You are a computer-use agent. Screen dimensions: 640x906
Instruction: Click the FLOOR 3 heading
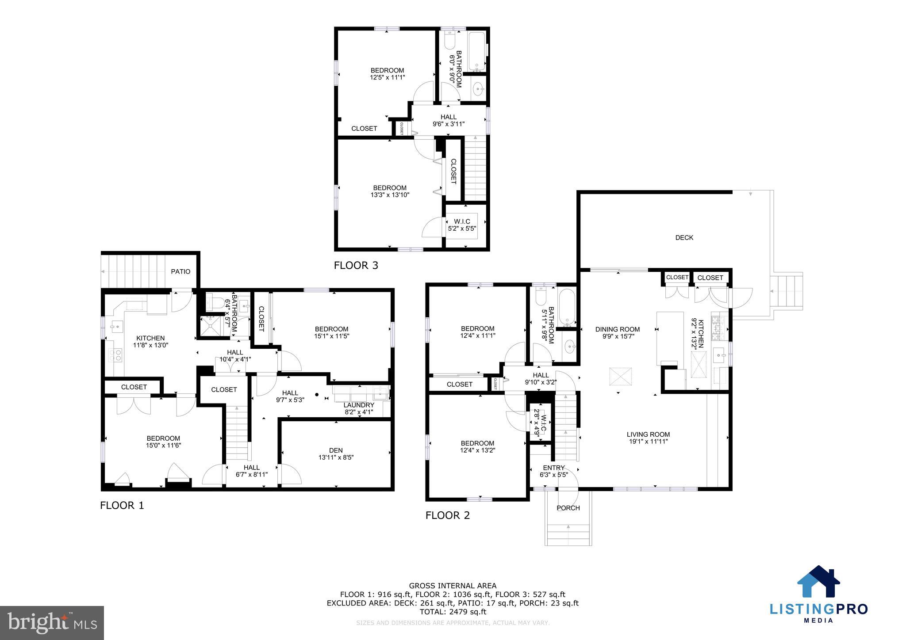(356, 265)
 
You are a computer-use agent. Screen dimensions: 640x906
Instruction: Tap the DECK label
(684, 238)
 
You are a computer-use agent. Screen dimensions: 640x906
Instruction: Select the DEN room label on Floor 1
(336, 450)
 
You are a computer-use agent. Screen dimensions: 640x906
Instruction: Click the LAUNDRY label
(359, 405)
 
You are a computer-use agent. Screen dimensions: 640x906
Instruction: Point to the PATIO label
(180, 271)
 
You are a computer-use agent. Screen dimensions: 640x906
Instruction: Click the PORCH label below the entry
(568, 508)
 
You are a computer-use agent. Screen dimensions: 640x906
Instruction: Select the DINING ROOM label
(617, 329)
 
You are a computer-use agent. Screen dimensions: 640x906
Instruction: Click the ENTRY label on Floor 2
(553, 468)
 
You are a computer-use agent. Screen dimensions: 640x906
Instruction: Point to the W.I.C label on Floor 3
(462, 221)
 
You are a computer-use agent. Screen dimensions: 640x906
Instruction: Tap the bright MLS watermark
(52, 623)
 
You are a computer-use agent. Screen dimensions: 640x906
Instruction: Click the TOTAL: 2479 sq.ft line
(452, 612)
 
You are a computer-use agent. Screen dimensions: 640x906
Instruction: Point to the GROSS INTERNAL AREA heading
(452, 586)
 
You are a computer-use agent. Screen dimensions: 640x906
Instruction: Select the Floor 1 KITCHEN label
(150, 338)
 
